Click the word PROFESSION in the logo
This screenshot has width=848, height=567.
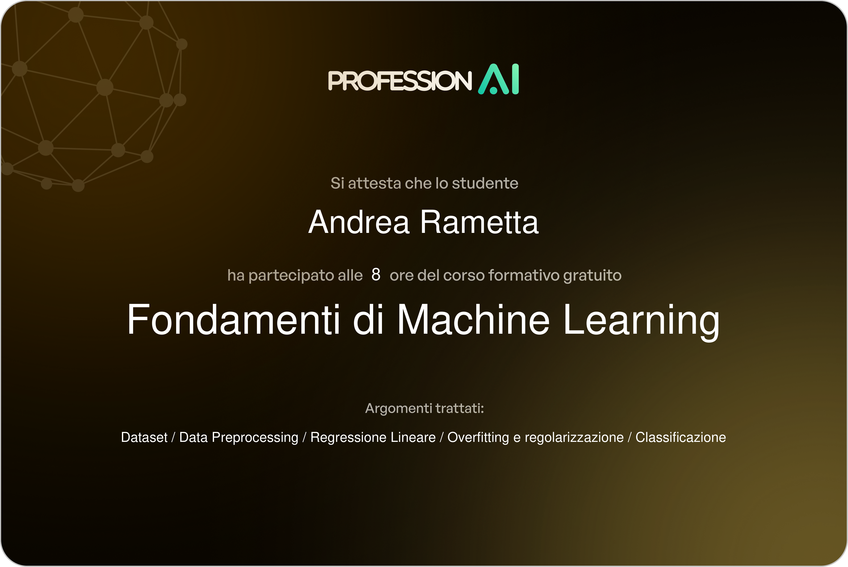click(400, 80)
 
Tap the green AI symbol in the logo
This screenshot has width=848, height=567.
click(499, 79)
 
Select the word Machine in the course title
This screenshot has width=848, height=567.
click(473, 320)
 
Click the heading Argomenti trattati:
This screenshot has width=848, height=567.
click(424, 408)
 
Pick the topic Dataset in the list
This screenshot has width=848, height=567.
click(144, 437)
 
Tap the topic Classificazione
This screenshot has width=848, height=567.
click(680, 437)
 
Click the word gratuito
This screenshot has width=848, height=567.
click(592, 276)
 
